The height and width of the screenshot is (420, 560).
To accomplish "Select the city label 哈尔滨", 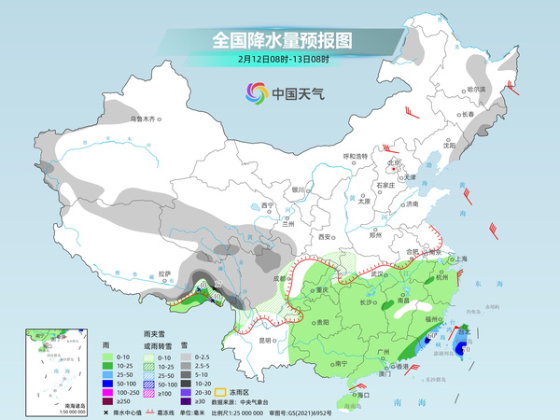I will point(477,90).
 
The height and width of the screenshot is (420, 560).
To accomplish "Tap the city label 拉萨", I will point(165,273).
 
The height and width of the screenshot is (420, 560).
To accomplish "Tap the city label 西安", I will point(327,237).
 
